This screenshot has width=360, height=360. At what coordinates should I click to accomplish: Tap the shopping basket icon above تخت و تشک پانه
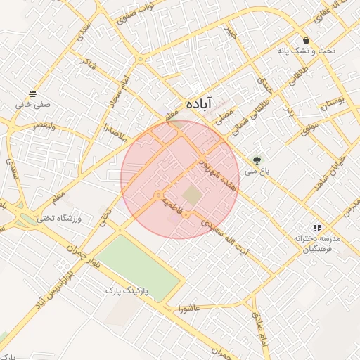(x=306, y=40)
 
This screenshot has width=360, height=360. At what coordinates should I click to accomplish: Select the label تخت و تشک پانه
(x=306, y=51)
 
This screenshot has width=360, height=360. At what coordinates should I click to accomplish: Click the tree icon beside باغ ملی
(x=257, y=160)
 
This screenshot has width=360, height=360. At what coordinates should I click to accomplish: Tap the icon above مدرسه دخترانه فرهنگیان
(x=318, y=228)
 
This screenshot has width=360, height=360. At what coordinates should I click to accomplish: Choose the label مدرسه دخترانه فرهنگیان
(x=317, y=243)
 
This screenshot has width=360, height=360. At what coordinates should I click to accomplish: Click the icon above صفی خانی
(x=32, y=94)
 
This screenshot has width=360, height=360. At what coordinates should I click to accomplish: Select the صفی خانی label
(x=32, y=105)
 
